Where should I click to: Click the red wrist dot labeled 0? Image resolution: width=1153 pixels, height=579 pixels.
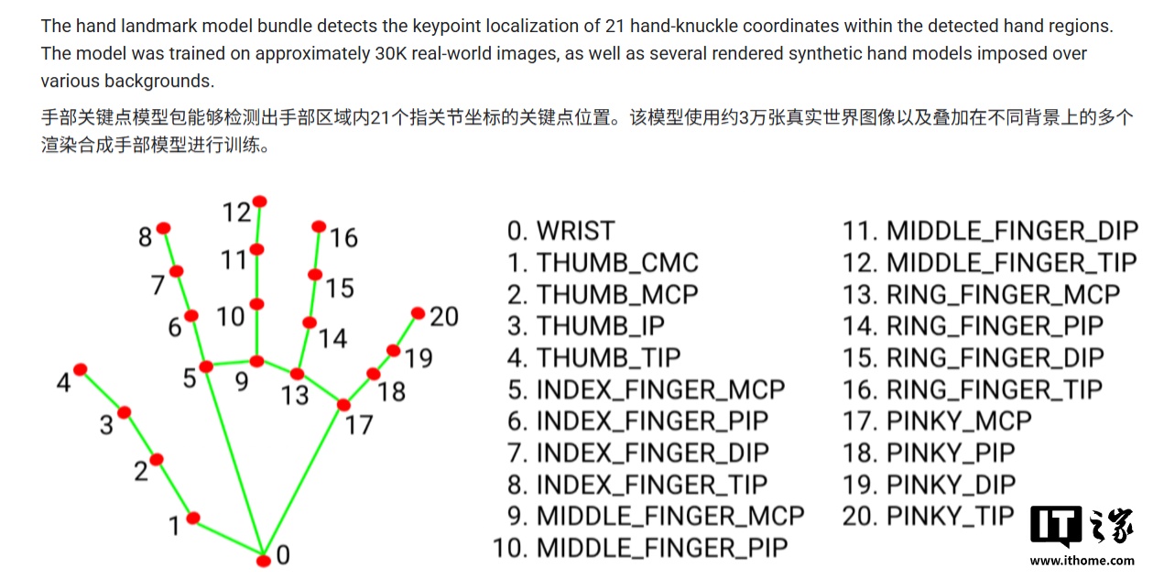click(264, 561)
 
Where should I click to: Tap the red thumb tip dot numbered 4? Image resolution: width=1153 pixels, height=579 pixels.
click(81, 369)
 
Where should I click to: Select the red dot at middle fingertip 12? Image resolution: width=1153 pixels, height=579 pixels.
click(260, 202)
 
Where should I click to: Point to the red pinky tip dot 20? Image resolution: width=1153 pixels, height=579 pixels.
click(418, 313)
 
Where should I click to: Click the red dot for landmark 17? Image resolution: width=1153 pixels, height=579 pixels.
click(343, 405)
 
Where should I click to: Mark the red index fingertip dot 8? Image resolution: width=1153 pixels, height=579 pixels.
click(164, 228)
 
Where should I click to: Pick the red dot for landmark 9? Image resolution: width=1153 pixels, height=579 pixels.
click(256, 362)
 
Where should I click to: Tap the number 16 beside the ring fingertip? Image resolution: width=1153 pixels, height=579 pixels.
click(343, 238)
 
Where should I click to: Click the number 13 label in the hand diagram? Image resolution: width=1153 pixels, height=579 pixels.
click(295, 396)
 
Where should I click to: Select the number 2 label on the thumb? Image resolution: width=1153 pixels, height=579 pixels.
click(141, 471)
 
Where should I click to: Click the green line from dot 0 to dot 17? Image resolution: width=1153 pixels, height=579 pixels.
click(304, 483)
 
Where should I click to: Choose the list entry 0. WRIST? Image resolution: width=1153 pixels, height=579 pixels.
click(561, 231)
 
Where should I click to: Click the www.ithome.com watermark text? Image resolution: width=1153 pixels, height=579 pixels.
click(1082, 561)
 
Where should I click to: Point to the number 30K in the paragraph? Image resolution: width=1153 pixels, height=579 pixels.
click(391, 53)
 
